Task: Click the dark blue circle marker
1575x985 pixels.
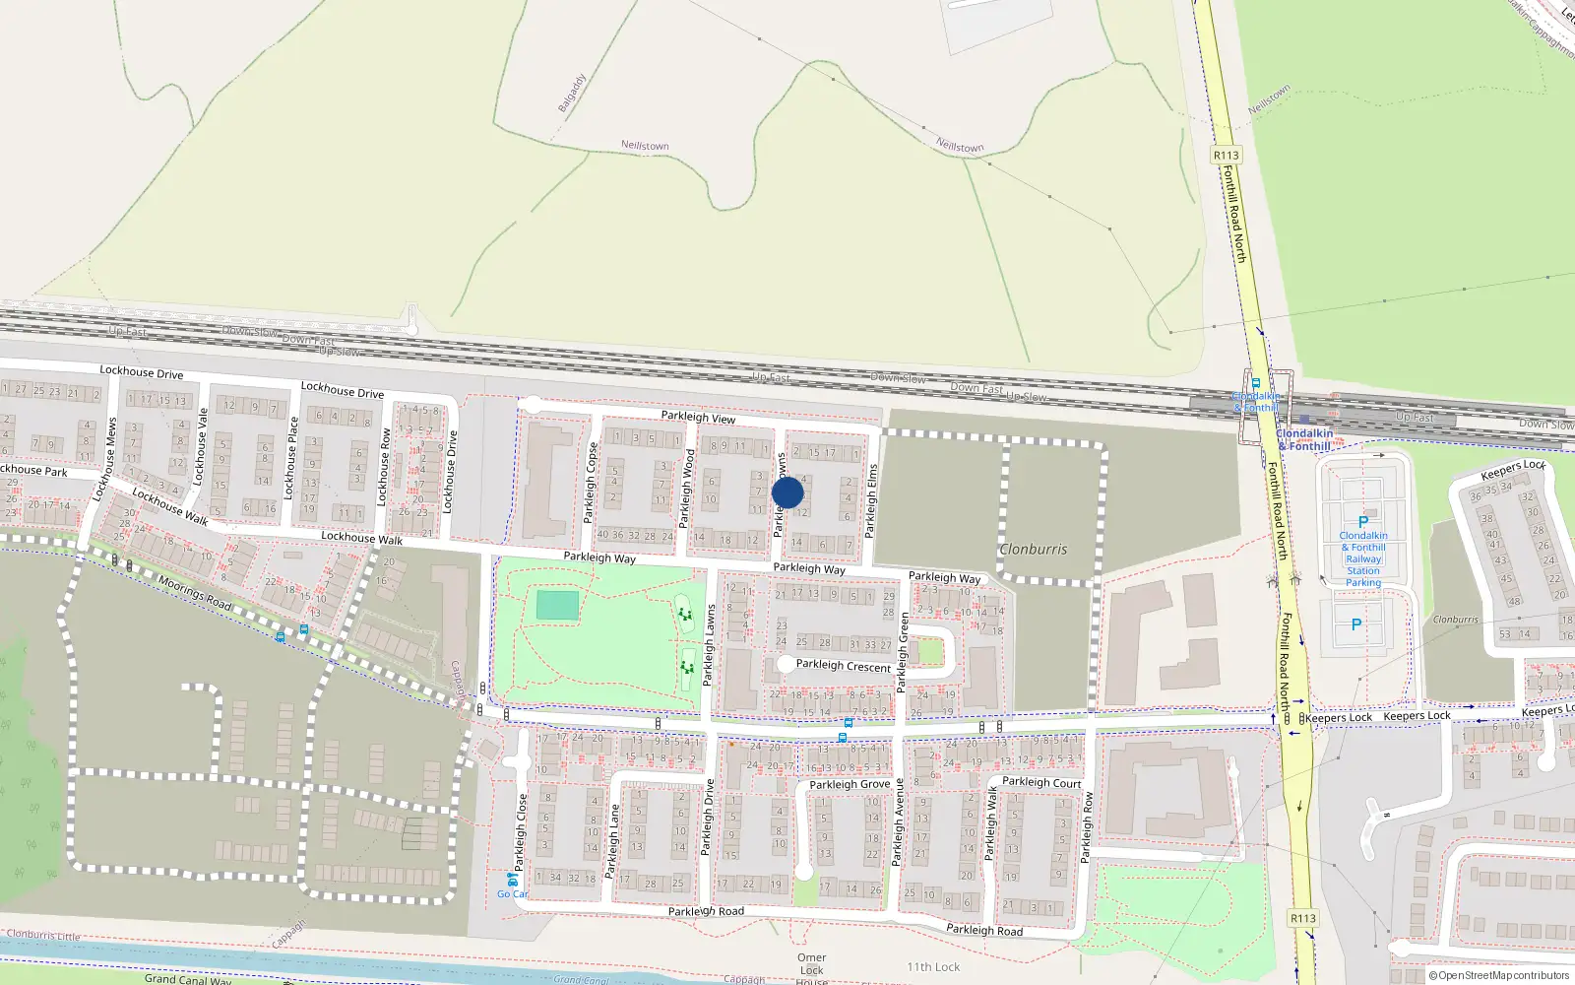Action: pyautogui.click(x=787, y=492)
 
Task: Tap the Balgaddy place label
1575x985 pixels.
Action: pyautogui.click(x=572, y=93)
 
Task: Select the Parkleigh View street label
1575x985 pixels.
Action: pyautogui.click(x=698, y=418)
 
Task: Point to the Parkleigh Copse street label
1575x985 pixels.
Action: pyautogui.click(x=591, y=483)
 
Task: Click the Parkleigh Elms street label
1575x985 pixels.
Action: pyautogui.click(x=871, y=500)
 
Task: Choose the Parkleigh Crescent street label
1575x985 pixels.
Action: pyautogui.click(x=843, y=666)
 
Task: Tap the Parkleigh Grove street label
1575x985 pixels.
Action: pyautogui.click(x=850, y=785)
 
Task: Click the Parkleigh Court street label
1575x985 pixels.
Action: pyautogui.click(x=1041, y=783)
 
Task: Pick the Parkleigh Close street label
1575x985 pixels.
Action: pyautogui.click(x=521, y=832)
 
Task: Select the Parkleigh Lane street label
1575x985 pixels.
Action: pyautogui.click(x=613, y=840)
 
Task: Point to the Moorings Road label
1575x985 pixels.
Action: pyautogui.click(x=195, y=593)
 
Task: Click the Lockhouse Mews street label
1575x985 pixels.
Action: pyautogui.click(x=105, y=460)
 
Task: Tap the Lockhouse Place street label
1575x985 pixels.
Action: pyautogui.click(x=291, y=457)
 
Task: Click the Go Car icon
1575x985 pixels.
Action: pyautogui.click(x=512, y=880)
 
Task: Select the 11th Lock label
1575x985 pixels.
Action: pyautogui.click(x=932, y=967)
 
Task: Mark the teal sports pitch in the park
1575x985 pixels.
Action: pyautogui.click(x=558, y=605)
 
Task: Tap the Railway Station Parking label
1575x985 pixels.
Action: pyautogui.click(x=1363, y=559)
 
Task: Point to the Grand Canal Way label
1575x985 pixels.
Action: pyautogui.click(x=187, y=979)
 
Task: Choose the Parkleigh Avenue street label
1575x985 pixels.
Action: pyautogui.click(x=898, y=822)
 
